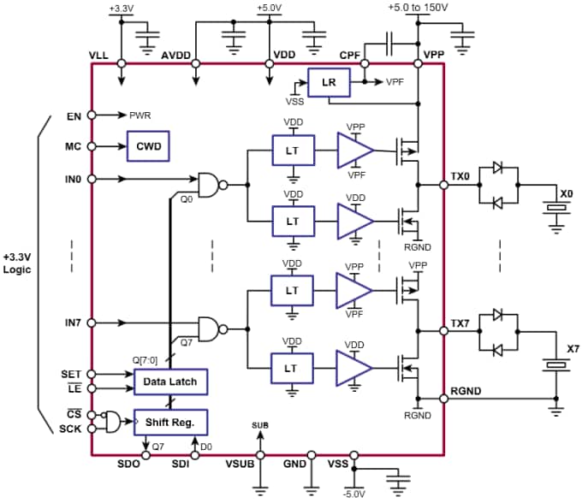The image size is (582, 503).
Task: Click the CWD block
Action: point(147,146)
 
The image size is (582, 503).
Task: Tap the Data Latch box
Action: point(170,381)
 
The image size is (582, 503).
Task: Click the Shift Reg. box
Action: point(170,421)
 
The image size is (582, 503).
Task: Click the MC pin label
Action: point(73,146)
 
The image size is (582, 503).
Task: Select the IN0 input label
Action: point(74,179)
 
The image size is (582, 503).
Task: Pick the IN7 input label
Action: point(74,323)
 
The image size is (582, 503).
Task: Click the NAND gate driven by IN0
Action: point(210,182)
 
